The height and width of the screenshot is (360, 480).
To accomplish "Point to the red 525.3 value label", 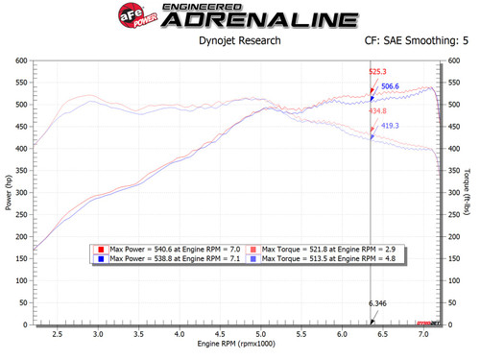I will pos(379,72).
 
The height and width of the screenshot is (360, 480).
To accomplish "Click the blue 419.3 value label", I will pos(391,126).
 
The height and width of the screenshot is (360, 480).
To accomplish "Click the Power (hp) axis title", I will pos(10,192).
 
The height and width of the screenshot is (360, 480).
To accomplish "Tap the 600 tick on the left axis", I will pos(21,60).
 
